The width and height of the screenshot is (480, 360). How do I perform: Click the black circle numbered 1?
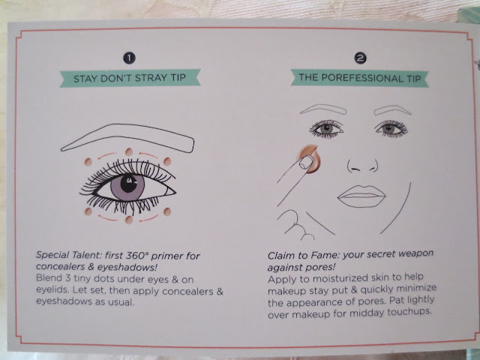click(129, 58)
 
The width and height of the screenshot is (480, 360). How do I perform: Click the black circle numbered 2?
click(360, 58)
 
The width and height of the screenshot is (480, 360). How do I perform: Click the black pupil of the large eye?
click(128, 183)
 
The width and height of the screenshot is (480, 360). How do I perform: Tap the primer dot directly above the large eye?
click(129, 151)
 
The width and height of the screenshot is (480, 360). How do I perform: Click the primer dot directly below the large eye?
click(129, 220)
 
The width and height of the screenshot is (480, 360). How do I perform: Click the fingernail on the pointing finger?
click(306, 162)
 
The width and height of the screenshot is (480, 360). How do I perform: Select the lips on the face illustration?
click(361, 196)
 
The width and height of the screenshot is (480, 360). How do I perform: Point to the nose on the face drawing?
click(362, 166)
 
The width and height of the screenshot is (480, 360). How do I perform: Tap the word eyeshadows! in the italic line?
click(127, 267)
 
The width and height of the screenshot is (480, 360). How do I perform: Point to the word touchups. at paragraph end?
click(409, 313)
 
